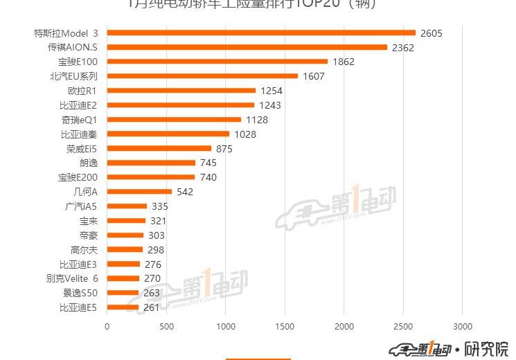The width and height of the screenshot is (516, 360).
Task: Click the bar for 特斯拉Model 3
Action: (261, 33)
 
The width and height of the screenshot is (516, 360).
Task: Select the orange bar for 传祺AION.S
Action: (247, 47)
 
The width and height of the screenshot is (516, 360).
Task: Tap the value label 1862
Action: (343, 62)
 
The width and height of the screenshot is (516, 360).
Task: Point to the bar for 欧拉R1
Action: (181, 91)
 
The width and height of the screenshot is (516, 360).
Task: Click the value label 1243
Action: (270, 105)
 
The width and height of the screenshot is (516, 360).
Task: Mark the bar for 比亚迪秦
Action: (168, 134)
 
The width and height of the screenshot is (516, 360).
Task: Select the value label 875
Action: (224, 148)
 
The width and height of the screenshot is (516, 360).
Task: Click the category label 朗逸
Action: (89, 163)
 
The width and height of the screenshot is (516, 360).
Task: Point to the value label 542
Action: (185, 192)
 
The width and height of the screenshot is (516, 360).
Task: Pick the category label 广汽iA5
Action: (81, 206)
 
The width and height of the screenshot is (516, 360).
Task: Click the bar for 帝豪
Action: (125, 235)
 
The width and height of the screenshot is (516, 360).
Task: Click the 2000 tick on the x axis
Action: (344, 326)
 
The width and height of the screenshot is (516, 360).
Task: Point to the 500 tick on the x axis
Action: (166, 326)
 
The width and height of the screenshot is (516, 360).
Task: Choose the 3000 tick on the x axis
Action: (463, 326)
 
